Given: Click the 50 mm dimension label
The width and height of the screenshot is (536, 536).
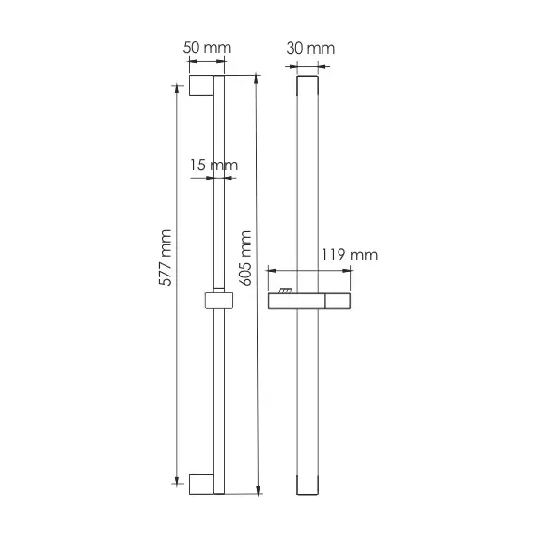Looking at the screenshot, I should point(207,48).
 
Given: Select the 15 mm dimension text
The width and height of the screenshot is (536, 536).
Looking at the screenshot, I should point(213,166).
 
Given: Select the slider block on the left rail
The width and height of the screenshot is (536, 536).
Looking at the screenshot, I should point(217,301).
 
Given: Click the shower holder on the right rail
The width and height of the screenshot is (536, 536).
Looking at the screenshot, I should point(311,301).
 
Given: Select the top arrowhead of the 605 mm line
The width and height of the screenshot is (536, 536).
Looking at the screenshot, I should point(256,80).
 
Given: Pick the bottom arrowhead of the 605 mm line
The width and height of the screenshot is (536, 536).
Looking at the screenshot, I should point(256,489).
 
